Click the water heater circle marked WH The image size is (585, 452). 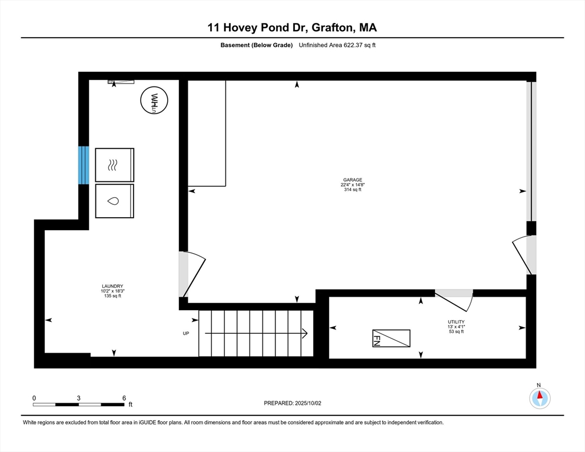[154, 100]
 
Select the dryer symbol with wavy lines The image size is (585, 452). [115, 165]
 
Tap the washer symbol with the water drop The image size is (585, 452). [115, 201]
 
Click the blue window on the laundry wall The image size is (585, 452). [84, 165]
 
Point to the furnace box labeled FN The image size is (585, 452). [391, 338]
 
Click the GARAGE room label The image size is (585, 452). [353, 180]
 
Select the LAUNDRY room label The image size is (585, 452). [112, 286]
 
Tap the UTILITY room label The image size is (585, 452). [456, 322]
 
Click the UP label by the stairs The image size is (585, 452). [186, 333]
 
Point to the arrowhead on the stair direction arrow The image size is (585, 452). [305, 333]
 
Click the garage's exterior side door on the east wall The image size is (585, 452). [525, 255]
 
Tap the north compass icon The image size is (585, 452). [540, 398]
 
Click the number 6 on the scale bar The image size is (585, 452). [124, 398]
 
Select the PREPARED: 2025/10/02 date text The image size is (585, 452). [292, 403]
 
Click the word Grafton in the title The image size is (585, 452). [333, 28]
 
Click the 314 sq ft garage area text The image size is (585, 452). [353, 190]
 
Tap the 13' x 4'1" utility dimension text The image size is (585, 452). [456, 327]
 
